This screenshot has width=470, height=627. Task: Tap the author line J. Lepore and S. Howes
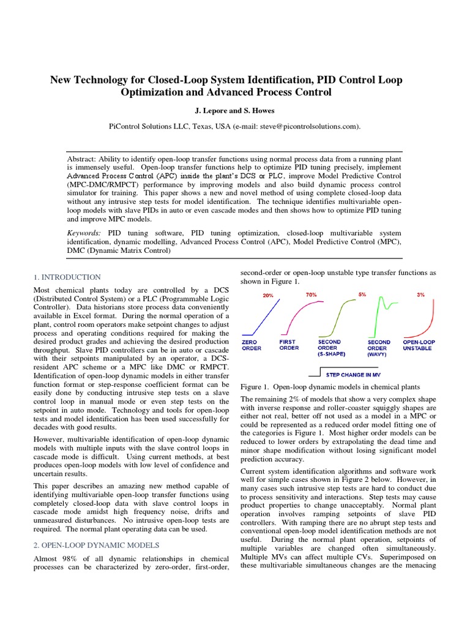(234, 111)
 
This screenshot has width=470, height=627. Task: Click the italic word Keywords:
(84, 233)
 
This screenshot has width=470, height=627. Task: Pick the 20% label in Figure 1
(268, 296)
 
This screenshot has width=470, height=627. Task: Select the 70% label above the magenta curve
(311, 295)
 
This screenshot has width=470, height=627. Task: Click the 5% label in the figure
(362, 295)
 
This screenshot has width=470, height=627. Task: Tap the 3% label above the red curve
(420, 295)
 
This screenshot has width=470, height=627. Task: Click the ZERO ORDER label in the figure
(252, 345)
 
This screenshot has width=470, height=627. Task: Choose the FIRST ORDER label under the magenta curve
(289, 345)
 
